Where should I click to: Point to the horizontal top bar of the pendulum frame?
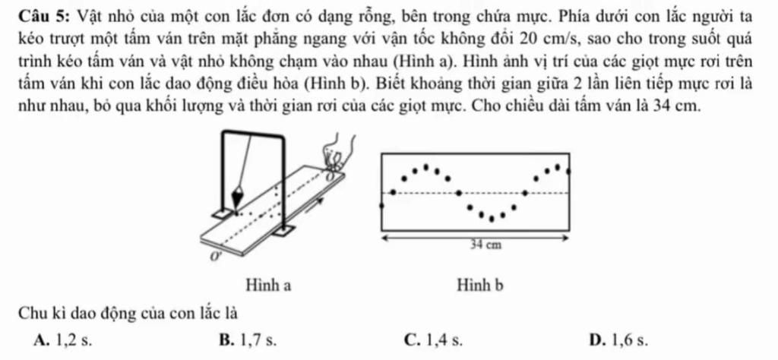coord(253,134)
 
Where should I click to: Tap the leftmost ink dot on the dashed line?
coord(392,192)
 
